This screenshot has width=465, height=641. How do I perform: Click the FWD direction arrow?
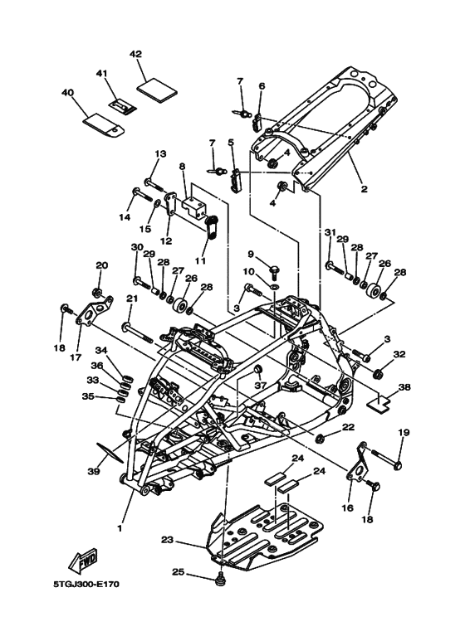point(83,558)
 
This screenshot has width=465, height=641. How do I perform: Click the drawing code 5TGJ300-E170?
point(86,584)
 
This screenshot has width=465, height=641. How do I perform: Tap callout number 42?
point(135,54)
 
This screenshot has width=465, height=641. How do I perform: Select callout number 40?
point(67,93)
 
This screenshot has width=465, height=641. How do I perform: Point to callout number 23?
point(168,540)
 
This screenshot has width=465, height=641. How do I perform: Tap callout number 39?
point(93,471)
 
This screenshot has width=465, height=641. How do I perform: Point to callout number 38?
point(404,386)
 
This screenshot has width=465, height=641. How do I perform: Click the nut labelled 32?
point(379,373)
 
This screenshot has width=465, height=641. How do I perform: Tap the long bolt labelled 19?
point(386,459)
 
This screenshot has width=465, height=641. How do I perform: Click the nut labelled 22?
point(321,439)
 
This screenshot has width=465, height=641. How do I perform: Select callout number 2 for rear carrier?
point(364,189)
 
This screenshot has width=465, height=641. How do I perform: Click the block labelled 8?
point(193,208)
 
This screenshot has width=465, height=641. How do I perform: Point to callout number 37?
point(259,385)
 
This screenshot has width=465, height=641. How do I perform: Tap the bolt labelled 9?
point(275,270)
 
